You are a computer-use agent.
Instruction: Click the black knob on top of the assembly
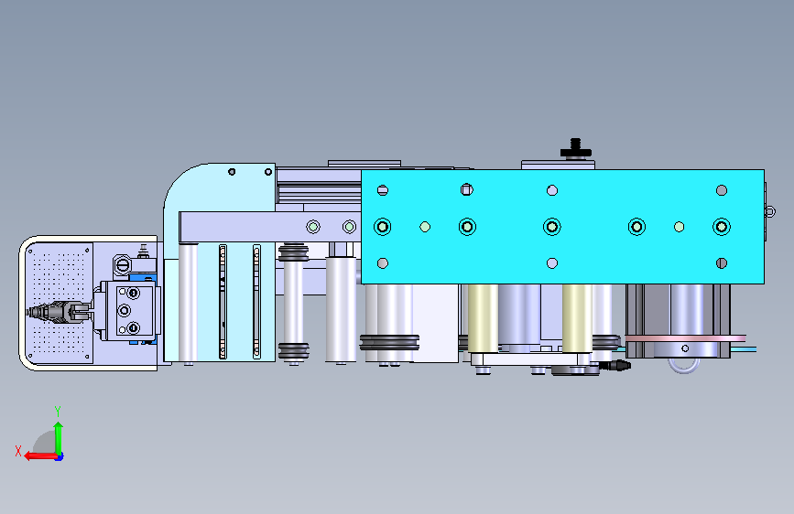(575, 149)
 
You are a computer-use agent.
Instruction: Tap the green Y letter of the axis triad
(58, 412)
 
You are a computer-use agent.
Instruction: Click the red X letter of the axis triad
(18, 451)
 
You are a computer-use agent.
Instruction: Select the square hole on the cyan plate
(467, 189)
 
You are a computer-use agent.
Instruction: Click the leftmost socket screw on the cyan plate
(382, 227)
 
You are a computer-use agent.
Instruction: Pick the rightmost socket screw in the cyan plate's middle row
(722, 227)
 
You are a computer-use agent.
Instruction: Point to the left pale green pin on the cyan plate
(425, 227)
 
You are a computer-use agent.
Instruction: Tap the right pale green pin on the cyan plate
(679, 227)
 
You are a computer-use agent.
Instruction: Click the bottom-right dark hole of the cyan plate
(722, 263)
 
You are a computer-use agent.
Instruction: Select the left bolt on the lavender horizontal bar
(313, 227)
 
